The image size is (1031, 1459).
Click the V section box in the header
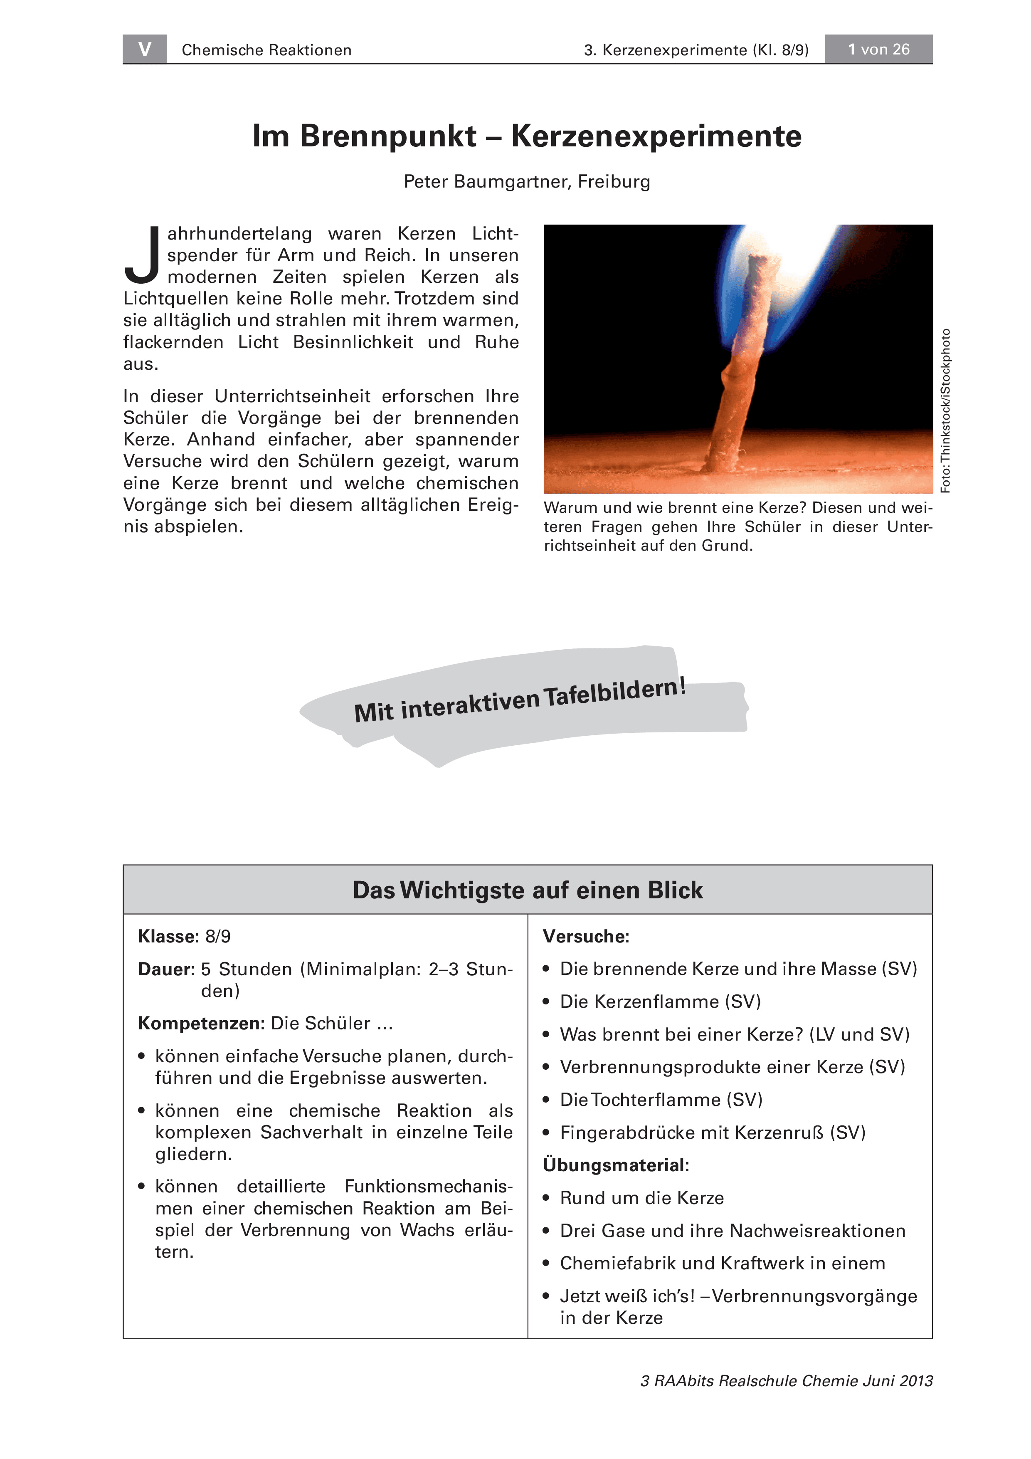pyautogui.click(x=145, y=49)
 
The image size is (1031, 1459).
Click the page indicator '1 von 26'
pyautogui.click(x=878, y=49)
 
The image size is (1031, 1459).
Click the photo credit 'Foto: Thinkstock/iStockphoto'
pyautogui.click(x=945, y=410)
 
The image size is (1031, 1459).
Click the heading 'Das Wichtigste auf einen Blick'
pyautogui.click(x=527, y=890)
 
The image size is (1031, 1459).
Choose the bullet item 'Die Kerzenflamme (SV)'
pyautogui.click(x=660, y=1002)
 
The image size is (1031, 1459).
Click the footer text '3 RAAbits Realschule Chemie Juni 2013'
pyautogui.click(x=787, y=1381)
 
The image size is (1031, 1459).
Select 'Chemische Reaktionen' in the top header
pyautogui.click(x=266, y=50)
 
